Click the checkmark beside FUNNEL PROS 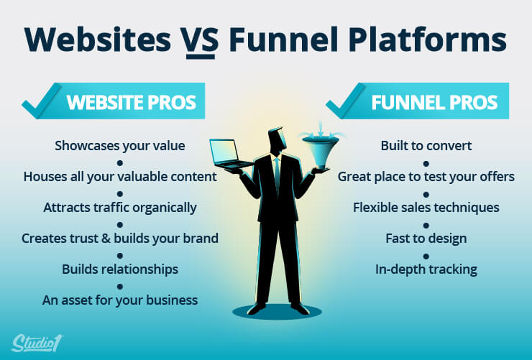click(346, 101)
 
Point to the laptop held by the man click(229, 154)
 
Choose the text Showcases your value click(120, 146)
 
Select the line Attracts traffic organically click(120, 208)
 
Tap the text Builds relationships click(120, 269)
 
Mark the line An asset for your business click(120, 300)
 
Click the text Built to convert click(426, 146)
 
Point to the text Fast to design click(426, 239)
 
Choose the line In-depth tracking click(426, 269)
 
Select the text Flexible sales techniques click(426, 208)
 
